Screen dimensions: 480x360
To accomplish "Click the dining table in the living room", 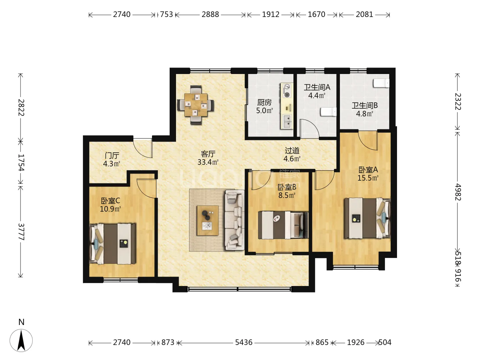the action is pyautogui.click(x=196, y=105).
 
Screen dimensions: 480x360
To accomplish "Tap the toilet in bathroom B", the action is pyautogui.click(x=381, y=83).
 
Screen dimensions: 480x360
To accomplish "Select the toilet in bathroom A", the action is pyautogui.click(x=328, y=112).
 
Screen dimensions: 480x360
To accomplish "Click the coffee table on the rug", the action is pyautogui.click(x=207, y=220).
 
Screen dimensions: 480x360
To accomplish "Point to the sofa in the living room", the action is pyautogui.click(x=234, y=220).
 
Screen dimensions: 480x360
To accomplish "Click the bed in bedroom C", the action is pyautogui.click(x=113, y=243).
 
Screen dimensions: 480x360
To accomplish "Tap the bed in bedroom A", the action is pyautogui.click(x=367, y=218).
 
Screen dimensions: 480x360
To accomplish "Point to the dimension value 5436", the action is pyautogui.click(x=244, y=342).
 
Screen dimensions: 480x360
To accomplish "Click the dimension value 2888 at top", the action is pyautogui.click(x=210, y=14).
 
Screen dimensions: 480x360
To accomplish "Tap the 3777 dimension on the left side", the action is pyautogui.click(x=21, y=232).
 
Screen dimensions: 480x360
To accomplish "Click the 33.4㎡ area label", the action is pyautogui.click(x=208, y=162).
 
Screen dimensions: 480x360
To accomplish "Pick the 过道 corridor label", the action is pyautogui.click(x=292, y=150).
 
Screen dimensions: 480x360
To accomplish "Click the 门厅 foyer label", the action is pyautogui.click(x=112, y=155).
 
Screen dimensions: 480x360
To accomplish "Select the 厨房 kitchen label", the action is pyautogui.click(x=264, y=102).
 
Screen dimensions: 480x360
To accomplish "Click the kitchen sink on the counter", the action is pyautogui.click(x=287, y=122).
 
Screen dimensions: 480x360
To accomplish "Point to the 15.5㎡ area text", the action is pyautogui.click(x=368, y=178).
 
